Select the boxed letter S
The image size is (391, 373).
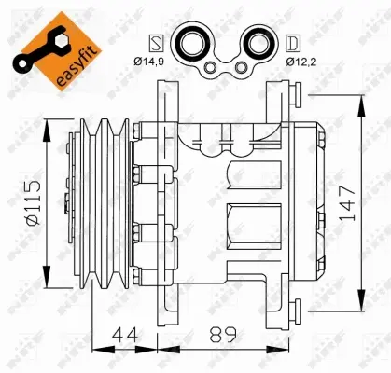[157, 42]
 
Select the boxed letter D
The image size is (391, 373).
[293, 42]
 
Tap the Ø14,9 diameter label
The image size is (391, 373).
[161, 61]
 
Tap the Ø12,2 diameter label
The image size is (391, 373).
[288, 61]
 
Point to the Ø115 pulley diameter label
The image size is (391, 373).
[31, 201]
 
